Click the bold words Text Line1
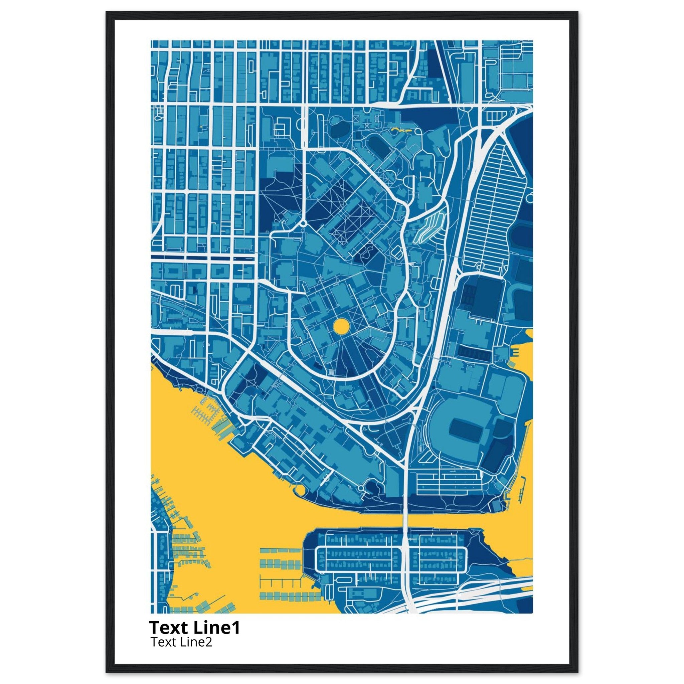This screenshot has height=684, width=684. coord(195,627)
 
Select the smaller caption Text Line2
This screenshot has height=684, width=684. coord(181,642)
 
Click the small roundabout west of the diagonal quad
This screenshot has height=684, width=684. coord(303,224)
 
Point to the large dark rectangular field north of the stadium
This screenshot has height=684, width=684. coord(489,297)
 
